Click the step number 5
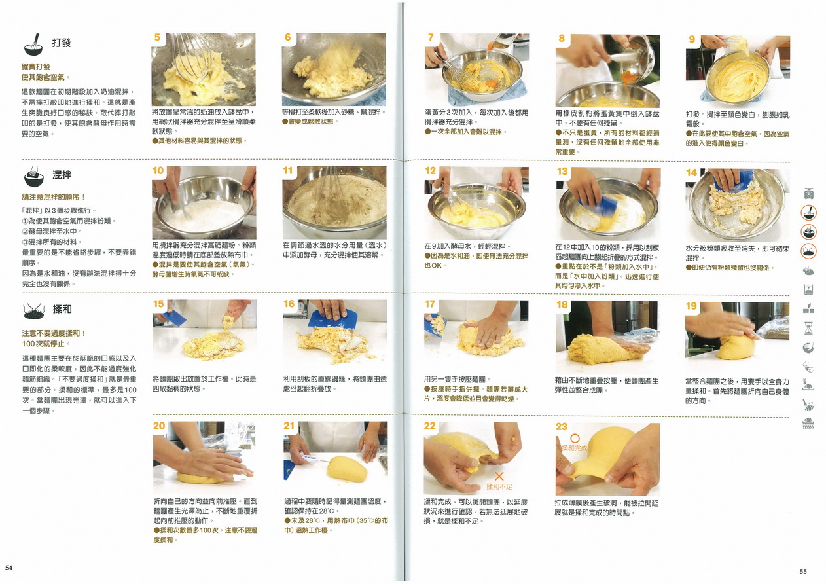158,37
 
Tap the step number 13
562,171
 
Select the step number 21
289,426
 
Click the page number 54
9,568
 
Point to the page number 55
803,571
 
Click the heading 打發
62,43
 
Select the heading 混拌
62,175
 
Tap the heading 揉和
62,309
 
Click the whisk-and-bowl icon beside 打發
33,45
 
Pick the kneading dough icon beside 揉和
34,312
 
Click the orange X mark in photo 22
499,476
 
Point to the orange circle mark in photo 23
575,438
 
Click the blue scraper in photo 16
332,319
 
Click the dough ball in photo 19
736,347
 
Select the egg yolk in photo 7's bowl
491,83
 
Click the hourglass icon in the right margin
808,328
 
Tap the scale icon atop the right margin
809,193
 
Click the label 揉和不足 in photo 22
499,487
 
